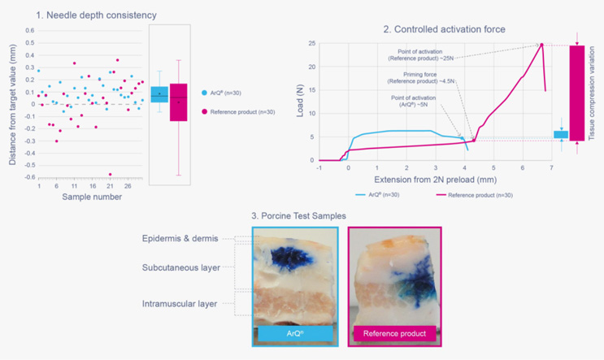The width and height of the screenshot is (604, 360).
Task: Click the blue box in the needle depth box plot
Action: pos(160,94)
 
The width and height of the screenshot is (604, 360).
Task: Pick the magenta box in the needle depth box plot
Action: pos(179,102)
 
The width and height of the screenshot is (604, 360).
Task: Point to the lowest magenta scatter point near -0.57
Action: pos(110,174)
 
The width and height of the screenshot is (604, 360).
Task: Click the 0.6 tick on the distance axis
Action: pos(30,31)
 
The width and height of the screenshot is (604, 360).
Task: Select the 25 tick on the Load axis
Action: pos(310,43)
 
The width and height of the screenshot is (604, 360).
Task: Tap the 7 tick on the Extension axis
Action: pos(551,168)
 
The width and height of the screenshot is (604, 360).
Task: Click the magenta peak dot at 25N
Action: pos(541,45)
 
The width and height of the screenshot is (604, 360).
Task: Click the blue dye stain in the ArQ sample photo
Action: pos(288,256)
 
